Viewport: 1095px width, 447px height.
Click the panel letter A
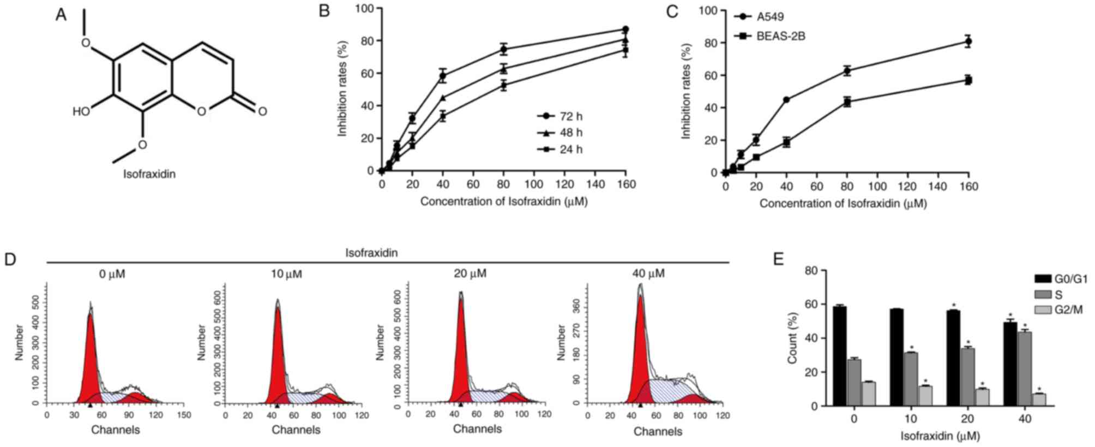click(x=61, y=15)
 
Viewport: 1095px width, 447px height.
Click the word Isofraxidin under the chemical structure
click(x=149, y=175)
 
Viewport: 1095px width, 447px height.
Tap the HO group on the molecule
click(x=81, y=112)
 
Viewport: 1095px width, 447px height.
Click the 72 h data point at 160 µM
click(x=625, y=29)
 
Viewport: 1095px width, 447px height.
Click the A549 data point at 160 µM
click(x=968, y=41)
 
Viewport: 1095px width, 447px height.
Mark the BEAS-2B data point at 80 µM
click(x=847, y=102)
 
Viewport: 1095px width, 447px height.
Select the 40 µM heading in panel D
click(x=648, y=273)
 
